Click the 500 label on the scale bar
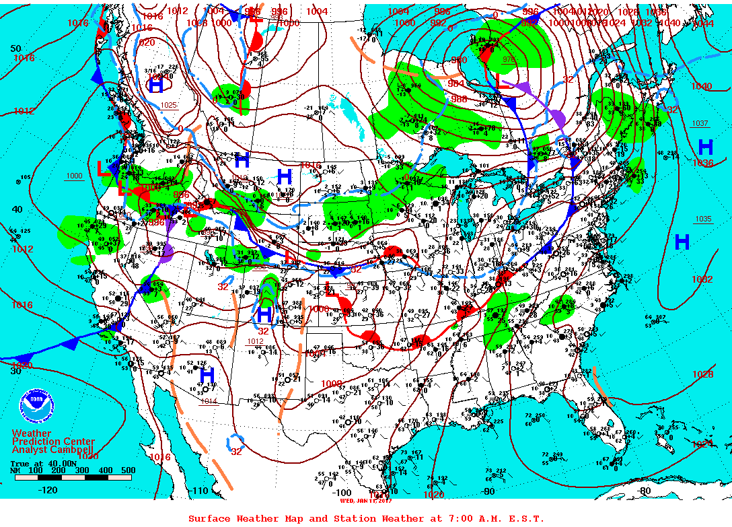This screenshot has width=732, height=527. point(128,470)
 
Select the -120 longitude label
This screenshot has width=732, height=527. point(49,490)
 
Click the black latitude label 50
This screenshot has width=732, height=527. point(16,48)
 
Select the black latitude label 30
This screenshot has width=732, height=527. point(16,370)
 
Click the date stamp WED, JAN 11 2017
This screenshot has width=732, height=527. point(367,501)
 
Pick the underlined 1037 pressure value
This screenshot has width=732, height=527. point(700,123)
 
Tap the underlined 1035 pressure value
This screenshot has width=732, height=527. point(702,219)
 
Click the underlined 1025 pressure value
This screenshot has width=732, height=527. point(168,105)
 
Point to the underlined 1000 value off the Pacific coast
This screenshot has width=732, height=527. point(74,176)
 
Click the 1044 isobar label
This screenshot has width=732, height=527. point(703,24)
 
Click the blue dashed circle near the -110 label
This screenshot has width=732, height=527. point(234,441)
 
